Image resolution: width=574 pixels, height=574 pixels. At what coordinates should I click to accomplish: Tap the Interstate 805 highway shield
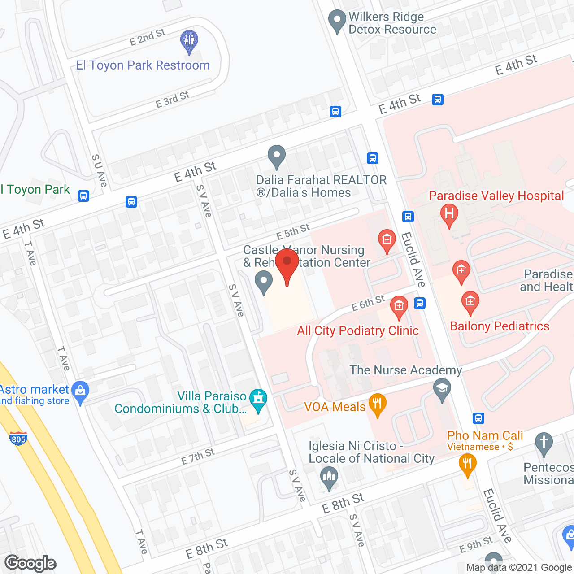point(18,438)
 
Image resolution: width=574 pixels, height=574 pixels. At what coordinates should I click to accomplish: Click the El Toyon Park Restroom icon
point(189,41)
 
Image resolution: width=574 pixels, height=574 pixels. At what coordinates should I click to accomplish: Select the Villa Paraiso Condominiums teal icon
point(258,400)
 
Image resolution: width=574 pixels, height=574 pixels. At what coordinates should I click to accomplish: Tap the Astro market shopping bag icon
point(80,391)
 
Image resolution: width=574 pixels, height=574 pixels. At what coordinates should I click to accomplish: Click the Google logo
point(30,563)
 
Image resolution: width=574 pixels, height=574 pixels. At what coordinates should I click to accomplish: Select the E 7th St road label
point(198,457)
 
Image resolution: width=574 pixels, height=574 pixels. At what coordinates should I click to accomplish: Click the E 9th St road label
point(476,545)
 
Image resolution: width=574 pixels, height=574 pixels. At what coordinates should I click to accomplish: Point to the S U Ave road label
point(99,171)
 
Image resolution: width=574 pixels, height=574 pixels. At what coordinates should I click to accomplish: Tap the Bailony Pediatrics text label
point(500,326)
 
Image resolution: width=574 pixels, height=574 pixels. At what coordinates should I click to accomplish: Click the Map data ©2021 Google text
point(519,568)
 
